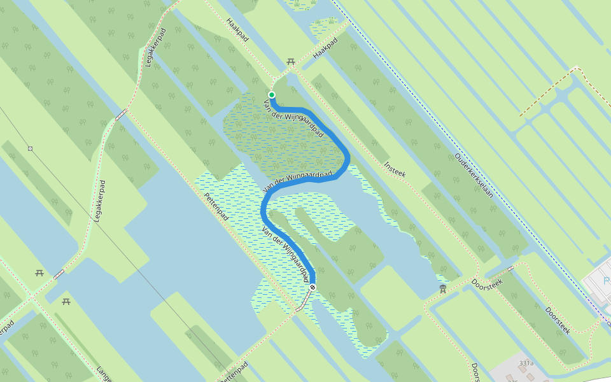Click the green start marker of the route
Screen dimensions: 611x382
click(272, 95)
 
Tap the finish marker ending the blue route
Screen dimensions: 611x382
click(313, 287)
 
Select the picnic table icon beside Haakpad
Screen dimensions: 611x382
click(291, 62)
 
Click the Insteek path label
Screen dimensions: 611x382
click(395, 169)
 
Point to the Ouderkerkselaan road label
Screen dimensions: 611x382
click(474, 175)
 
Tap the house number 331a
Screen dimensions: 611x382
click(526, 363)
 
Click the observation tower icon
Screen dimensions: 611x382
click(443, 290)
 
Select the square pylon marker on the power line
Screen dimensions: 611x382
click(30, 148)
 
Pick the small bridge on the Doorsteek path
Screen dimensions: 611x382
click(510, 267)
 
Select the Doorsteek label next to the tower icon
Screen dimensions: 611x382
click(487, 283)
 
